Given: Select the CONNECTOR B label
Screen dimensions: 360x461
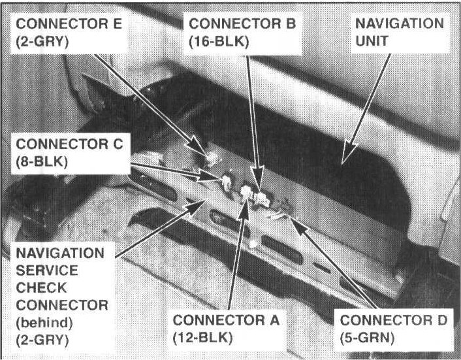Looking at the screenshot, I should [242, 24].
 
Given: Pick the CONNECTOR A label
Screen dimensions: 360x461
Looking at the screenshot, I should [226, 320].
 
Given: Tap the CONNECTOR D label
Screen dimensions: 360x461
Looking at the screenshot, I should [393, 320].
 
